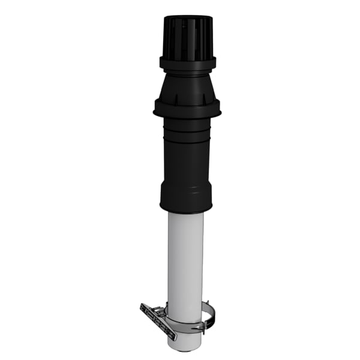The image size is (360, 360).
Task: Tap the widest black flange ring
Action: pyautogui.click(x=187, y=109)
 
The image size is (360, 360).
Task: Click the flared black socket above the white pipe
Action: pyautogui.click(x=187, y=195)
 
